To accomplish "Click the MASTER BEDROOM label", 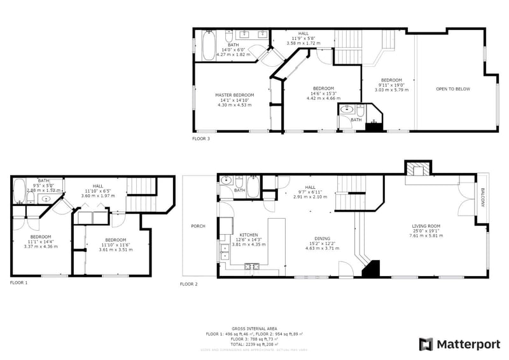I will point(234,95).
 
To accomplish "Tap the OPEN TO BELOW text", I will point(453,89).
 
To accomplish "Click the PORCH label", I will point(198,226).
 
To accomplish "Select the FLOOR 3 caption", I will point(201,138).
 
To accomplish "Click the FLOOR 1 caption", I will point(19,282).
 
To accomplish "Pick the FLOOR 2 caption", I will point(189,284).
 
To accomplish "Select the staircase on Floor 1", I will point(141,186).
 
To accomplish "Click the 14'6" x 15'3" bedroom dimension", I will point(324,93).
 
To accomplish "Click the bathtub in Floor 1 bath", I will point(18,191).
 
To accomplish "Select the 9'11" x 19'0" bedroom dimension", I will point(391,85).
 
